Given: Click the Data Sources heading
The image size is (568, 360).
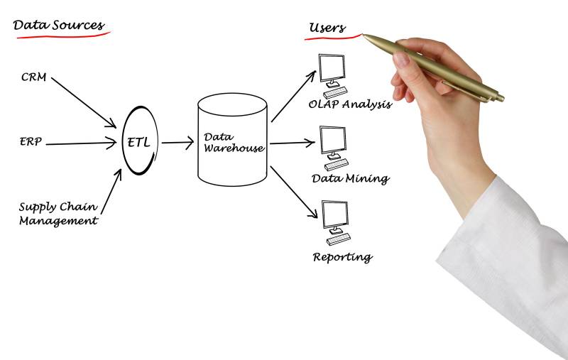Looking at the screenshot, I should (x=59, y=26).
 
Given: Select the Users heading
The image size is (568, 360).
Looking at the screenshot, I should (x=327, y=28).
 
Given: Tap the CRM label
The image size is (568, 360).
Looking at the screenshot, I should (x=34, y=77).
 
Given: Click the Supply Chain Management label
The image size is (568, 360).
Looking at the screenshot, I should (x=58, y=214).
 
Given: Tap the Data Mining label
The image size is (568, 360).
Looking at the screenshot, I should (x=350, y=178).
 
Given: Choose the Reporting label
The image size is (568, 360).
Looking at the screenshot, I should (x=342, y=256).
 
